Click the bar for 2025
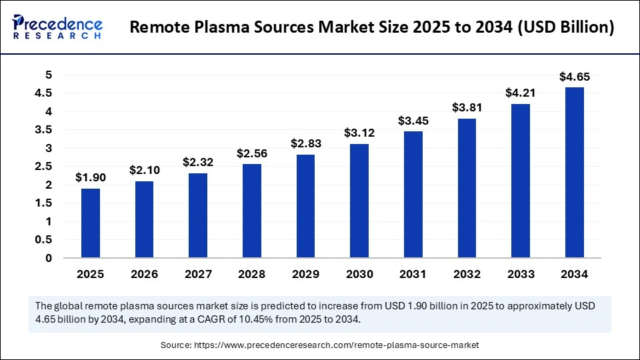(x=91, y=223)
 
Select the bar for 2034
(x=575, y=172)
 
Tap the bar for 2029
(x=306, y=205)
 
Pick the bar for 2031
(x=413, y=194)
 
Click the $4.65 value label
(x=575, y=76)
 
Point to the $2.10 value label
(x=145, y=170)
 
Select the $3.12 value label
(x=359, y=133)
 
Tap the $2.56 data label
(x=252, y=153)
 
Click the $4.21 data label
(x=521, y=93)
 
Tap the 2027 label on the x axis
(x=198, y=274)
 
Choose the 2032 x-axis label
(x=467, y=274)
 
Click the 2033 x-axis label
(x=521, y=274)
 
